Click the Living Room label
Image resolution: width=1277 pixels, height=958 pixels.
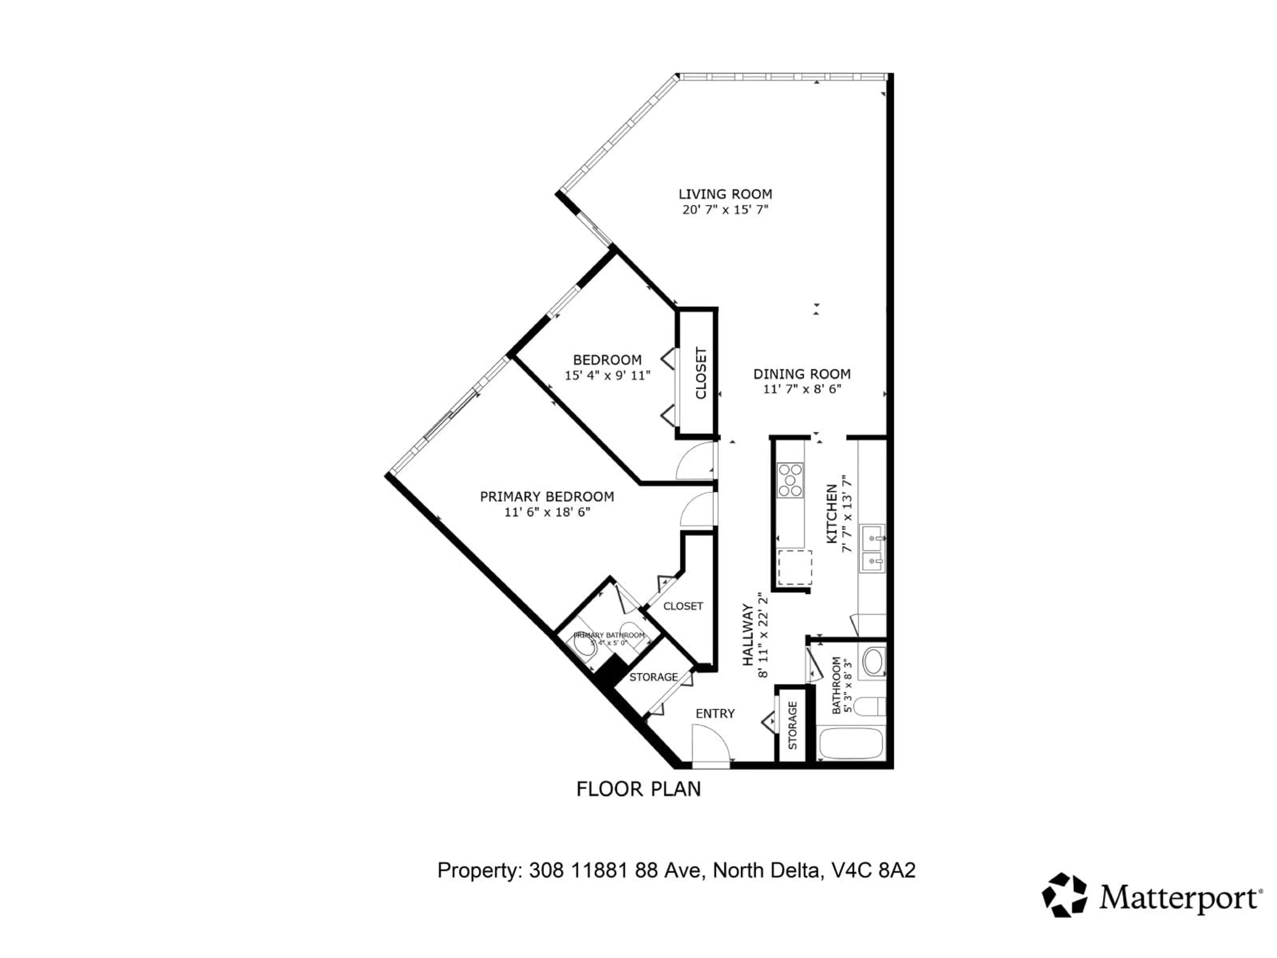click(725, 194)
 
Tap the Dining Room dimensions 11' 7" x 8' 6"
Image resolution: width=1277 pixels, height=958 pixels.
click(802, 389)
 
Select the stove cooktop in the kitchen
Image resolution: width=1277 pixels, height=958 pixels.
click(790, 480)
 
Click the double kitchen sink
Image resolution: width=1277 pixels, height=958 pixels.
click(872, 548)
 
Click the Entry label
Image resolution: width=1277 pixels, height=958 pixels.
click(715, 714)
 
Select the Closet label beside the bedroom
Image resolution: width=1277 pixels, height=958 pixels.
click(701, 373)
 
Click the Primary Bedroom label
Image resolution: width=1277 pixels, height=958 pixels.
click(547, 497)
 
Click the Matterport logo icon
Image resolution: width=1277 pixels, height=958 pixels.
click(1064, 895)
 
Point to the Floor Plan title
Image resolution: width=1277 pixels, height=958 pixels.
click(638, 789)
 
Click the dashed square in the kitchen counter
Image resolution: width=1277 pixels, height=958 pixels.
click(795, 567)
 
